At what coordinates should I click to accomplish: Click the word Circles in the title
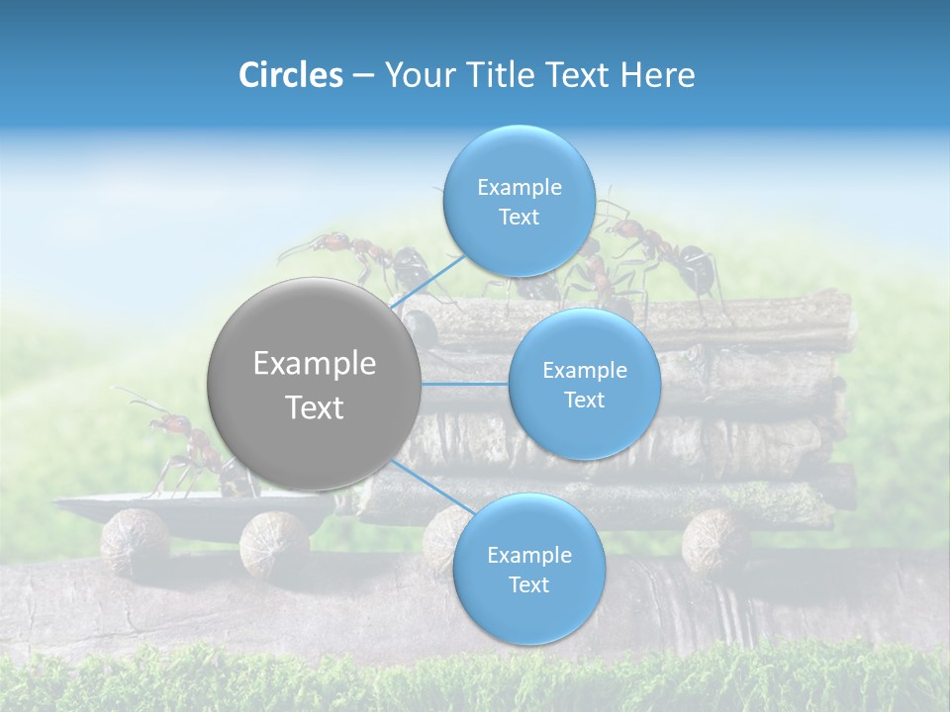pos(290,75)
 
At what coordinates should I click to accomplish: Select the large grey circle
pos(314,384)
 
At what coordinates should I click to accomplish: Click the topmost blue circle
pos(519,202)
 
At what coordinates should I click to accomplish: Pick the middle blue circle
pos(584,385)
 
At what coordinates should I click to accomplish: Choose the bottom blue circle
pos(528,570)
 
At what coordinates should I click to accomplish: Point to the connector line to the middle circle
pos(465,384)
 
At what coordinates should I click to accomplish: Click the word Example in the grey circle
pos(314,364)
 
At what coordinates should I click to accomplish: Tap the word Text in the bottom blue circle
pos(528,584)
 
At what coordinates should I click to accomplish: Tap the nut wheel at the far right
pos(715,540)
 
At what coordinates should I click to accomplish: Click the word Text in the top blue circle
pos(519,217)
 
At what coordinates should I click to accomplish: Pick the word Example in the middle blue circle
pos(584,370)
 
